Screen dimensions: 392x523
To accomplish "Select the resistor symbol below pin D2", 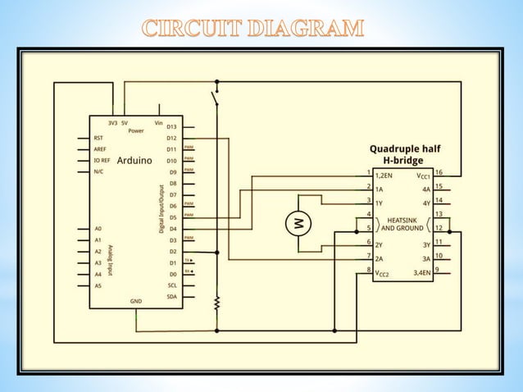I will pyautogui.click(x=216, y=303).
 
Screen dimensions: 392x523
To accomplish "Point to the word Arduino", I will pyautogui.click(x=134, y=162).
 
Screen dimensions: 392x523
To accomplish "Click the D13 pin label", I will pyautogui.click(x=171, y=127).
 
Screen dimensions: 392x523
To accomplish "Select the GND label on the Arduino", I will pyautogui.click(x=136, y=301).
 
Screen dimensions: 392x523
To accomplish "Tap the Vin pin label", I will pyautogui.click(x=158, y=122).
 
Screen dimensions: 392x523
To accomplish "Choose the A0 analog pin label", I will pyautogui.click(x=98, y=228).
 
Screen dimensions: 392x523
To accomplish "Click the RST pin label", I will pyautogui.click(x=98, y=139).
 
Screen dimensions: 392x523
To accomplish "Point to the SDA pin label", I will pyautogui.click(x=171, y=296).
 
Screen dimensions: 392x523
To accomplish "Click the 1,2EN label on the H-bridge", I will pyautogui.click(x=384, y=175).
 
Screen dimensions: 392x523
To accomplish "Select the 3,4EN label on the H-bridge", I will pyautogui.click(x=422, y=271).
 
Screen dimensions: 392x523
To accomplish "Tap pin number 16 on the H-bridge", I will pyautogui.click(x=439, y=173).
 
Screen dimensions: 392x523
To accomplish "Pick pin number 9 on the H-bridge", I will pyautogui.click(x=439, y=270).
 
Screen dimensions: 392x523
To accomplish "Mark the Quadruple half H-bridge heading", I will pyautogui.click(x=405, y=154).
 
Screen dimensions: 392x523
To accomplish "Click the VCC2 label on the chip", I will pyautogui.click(x=382, y=271).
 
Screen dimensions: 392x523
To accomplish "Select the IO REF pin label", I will pyautogui.click(x=102, y=162).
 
